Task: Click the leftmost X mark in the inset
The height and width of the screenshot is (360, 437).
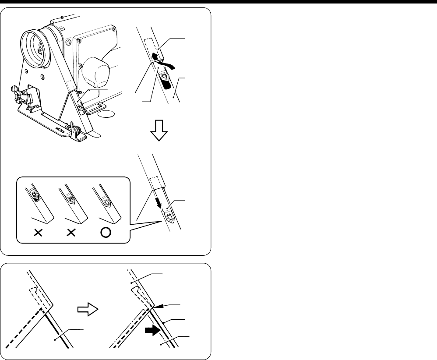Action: coord(38,233)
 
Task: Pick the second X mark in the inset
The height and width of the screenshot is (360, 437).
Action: coord(71,233)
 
